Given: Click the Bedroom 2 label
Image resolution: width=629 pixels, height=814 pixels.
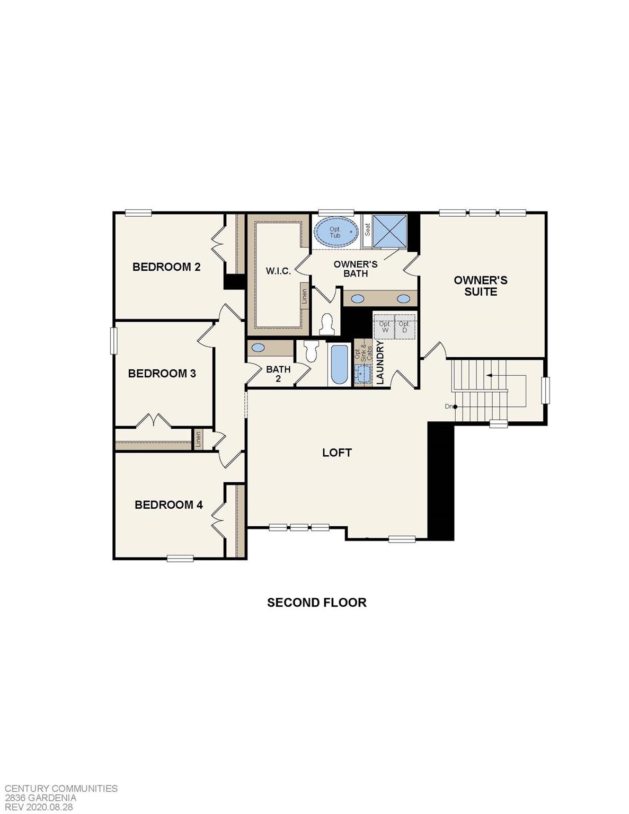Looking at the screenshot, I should point(166,267).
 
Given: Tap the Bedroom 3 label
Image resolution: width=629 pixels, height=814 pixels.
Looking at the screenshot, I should point(162,373).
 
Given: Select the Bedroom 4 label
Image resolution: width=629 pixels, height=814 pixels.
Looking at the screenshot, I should point(169,505).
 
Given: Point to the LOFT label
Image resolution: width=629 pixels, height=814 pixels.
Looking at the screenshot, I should point(337,452).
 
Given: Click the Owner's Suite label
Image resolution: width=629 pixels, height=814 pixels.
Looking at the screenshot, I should point(481,286).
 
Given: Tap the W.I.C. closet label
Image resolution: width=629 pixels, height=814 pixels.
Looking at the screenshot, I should point(278,271).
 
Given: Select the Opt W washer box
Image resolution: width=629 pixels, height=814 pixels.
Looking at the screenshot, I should point(385,327).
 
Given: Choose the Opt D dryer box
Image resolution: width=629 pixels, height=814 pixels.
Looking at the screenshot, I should point(404,327).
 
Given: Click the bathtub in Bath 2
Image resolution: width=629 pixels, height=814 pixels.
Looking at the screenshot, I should point(339,365).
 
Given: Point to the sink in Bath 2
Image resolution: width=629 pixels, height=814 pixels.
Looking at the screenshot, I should point(258,348).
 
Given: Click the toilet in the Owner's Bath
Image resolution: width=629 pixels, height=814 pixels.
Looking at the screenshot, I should point(327,323).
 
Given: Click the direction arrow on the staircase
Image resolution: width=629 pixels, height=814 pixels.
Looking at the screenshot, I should point(489,375).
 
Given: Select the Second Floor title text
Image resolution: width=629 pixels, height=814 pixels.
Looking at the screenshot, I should point(316,603).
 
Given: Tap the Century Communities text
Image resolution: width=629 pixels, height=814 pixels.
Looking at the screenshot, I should point(61,789).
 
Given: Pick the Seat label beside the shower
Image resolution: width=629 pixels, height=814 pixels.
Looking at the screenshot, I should point(367,229).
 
